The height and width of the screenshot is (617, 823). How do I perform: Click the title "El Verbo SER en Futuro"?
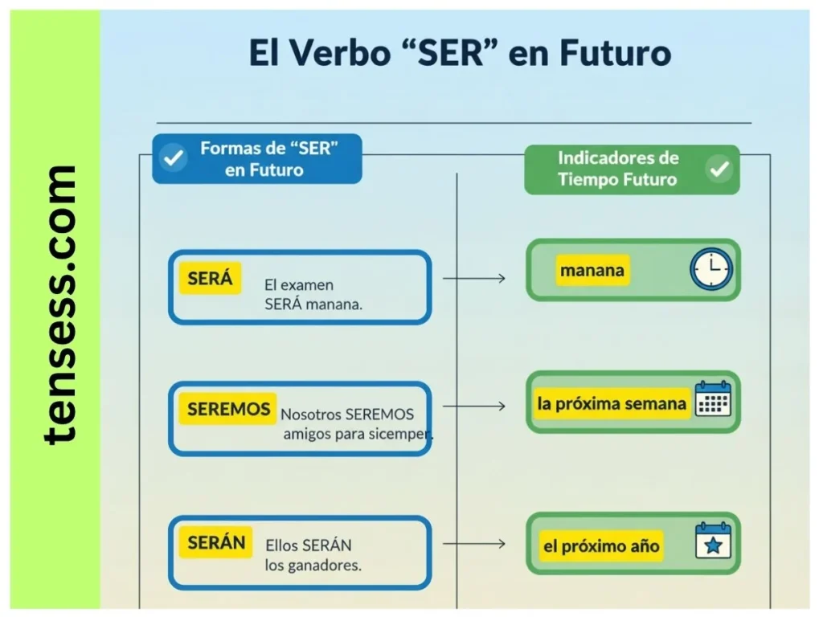459,53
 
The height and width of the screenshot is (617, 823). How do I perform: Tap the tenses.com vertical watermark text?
60,304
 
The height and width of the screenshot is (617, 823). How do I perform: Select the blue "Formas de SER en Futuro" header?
257,158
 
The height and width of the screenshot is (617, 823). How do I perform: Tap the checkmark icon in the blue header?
174,158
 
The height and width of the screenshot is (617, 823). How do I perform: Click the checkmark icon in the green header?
719,169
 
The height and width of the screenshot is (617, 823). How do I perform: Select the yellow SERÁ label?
210,278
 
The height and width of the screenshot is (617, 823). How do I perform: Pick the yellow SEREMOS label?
228,409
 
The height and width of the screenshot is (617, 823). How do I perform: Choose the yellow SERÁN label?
215,542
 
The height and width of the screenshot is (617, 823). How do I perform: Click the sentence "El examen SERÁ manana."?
313,295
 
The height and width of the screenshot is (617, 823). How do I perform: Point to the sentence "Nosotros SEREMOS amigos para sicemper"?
355,424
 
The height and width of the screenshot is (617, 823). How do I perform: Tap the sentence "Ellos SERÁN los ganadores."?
313,555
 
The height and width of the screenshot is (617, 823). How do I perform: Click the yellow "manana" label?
592,270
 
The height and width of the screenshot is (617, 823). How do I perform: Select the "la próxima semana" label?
612,403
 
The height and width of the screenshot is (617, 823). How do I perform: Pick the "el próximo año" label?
601,546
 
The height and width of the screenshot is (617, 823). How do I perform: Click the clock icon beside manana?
711,268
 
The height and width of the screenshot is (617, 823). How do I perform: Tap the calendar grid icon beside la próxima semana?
713,399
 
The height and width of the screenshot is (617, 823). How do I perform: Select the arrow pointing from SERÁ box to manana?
474,279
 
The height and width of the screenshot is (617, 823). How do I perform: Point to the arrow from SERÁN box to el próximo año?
474,544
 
